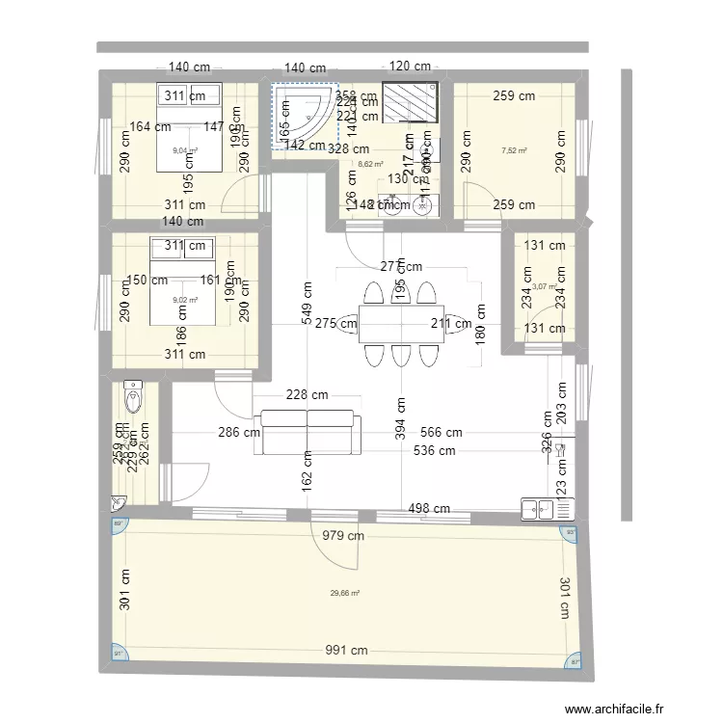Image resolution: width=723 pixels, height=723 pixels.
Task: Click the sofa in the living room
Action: (308, 432)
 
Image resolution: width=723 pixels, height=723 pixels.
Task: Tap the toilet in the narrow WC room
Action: (134, 396)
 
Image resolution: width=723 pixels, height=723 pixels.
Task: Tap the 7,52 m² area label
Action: (515, 150)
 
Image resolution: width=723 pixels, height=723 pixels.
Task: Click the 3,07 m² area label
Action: (545, 286)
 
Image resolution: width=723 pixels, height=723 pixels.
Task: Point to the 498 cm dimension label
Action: (429, 508)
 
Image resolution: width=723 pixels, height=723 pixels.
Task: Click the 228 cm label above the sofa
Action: (307, 394)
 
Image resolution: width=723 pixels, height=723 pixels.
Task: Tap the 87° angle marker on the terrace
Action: (576, 662)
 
